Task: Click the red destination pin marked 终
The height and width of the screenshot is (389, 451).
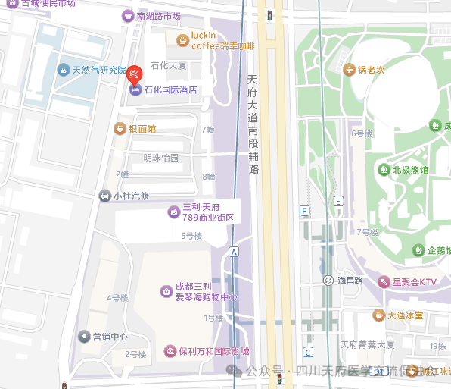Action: coord(134,74)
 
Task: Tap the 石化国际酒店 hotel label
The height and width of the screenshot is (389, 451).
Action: coord(170,90)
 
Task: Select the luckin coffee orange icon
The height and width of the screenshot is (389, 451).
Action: coord(182,40)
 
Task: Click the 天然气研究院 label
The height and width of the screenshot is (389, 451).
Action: coord(99,71)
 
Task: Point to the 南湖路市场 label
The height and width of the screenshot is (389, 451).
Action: coord(159,16)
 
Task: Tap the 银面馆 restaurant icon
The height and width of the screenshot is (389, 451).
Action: coord(119,129)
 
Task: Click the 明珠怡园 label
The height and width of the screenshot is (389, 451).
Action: coord(161,158)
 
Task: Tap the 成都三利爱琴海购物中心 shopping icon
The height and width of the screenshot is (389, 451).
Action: coord(165,291)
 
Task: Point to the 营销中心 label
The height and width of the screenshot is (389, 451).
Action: coord(110,336)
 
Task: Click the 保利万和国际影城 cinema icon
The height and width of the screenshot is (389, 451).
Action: coord(170,351)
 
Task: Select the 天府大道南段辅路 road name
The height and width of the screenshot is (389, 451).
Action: coord(253,124)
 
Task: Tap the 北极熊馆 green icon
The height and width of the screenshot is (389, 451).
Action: coord(384,170)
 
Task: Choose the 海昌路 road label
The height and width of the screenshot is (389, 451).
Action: coord(350,281)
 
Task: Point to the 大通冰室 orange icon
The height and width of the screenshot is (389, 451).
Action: coord(377,315)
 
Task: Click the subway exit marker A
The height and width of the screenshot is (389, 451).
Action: coord(234,252)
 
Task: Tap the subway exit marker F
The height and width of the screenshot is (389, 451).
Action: coord(304,210)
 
